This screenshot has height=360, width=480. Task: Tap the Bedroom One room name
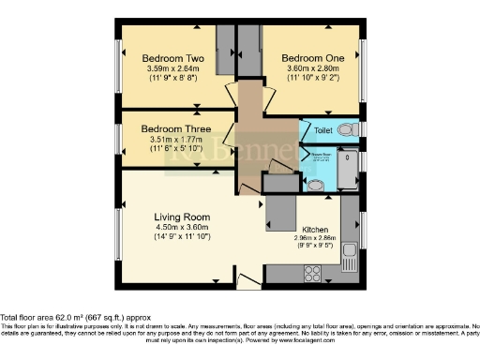tap(314, 57)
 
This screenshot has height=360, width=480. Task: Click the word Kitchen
tap(313, 230)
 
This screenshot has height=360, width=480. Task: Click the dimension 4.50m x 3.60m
tap(183, 227)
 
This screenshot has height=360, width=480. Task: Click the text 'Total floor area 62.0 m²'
tap(55, 317)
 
